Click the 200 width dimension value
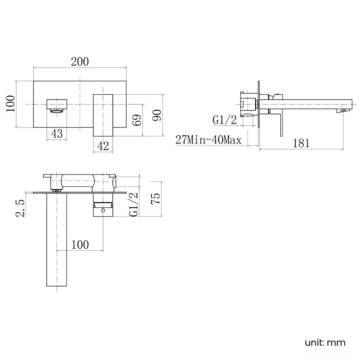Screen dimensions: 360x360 click(x=80, y=61)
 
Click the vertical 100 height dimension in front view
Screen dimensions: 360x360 click(x=10, y=104)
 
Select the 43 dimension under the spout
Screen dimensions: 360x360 click(x=56, y=133)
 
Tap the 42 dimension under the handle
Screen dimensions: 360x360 click(x=104, y=146)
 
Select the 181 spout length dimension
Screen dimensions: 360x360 click(x=300, y=143)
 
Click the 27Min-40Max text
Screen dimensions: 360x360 click(x=208, y=140)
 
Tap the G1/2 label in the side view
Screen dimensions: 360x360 click(x=225, y=120)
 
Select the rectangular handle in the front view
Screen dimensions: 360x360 click(x=103, y=114)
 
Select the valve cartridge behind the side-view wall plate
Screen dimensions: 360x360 click(x=248, y=103)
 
